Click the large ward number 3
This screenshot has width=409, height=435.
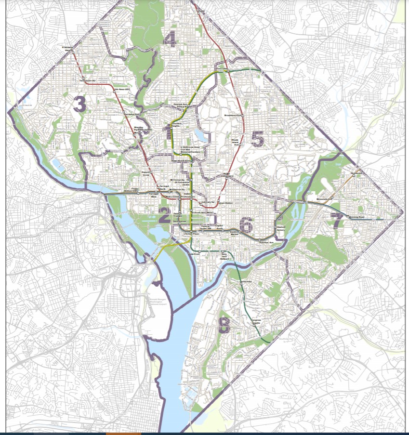(79, 105)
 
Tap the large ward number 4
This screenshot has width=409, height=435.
(170, 39)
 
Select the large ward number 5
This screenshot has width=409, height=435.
(258, 139)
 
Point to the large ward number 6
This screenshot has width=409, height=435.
(246, 224)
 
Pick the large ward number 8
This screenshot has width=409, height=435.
(224, 325)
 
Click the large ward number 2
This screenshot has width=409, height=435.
(164, 216)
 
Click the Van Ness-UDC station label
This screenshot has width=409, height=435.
(122, 90)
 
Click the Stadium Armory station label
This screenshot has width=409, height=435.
(281, 228)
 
